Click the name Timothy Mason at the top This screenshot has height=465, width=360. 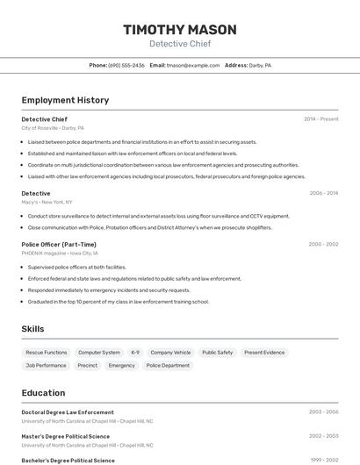click(x=180, y=29)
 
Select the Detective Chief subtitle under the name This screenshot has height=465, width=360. click(x=180, y=44)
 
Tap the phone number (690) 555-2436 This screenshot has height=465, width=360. click(x=126, y=65)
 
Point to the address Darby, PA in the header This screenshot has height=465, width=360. click(x=260, y=65)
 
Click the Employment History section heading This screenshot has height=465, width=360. click(x=65, y=100)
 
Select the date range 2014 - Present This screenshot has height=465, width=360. click(x=320, y=119)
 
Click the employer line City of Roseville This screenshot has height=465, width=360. click(x=53, y=128)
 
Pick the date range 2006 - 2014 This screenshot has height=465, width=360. click(x=323, y=193)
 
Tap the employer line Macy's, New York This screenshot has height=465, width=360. click(x=47, y=202)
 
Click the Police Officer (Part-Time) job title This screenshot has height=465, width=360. click(x=59, y=244)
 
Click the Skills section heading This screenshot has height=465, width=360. click(x=32, y=329)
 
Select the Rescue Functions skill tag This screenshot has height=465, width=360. click(x=47, y=353)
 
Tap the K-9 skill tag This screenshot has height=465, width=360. click(x=135, y=353)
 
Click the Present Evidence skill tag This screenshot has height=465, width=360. click(x=264, y=353)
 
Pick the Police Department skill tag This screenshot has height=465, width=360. click(x=168, y=365)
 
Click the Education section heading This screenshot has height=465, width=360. click(x=43, y=393)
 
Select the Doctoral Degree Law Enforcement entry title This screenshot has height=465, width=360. click(x=68, y=411)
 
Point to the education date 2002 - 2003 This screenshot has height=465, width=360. click(x=323, y=436)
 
